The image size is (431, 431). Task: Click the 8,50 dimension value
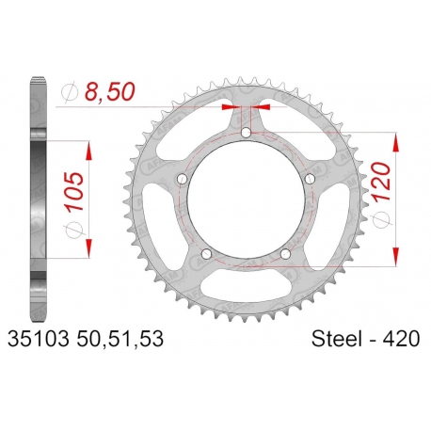(110, 91)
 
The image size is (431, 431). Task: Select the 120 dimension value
(381, 182)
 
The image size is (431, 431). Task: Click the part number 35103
(38, 339)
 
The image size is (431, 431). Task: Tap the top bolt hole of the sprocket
(247, 133)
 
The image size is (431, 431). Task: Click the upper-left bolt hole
(183, 179)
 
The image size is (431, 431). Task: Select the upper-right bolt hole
(310, 179)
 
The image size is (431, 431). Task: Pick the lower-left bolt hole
(206, 254)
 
